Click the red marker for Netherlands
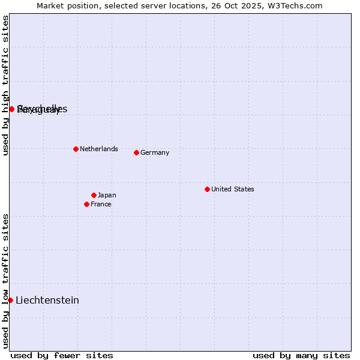pyautogui.click(x=76, y=149)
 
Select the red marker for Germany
pyautogui.click(x=136, y=152)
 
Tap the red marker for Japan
pyautogui.click(x=94, y=195)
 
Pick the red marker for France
pyautogui.click(x=86, y=204)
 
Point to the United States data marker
pyautogui.click(x=207, y=189)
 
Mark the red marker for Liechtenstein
pyautogui.click(x=10, y=300)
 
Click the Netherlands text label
pyautogui.click(x=98, y=149)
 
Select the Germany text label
pyautogui.click(x=155, y=152)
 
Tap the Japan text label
pyautogui.click(x=107, y=195)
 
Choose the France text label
pyautogui.click(x=101, y=204)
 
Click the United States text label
pyautogui.click(x=232, y=189)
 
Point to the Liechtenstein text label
pyautogui.click(x=47, y=300)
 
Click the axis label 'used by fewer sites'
pyautogui.click(x=62, y=355)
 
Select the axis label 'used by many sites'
pyautogui.click(x=301, y=355)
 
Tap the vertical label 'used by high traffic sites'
pyautogui.click(x=5, y=85)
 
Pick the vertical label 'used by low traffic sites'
pyautogui.click(x=5, y=281)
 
